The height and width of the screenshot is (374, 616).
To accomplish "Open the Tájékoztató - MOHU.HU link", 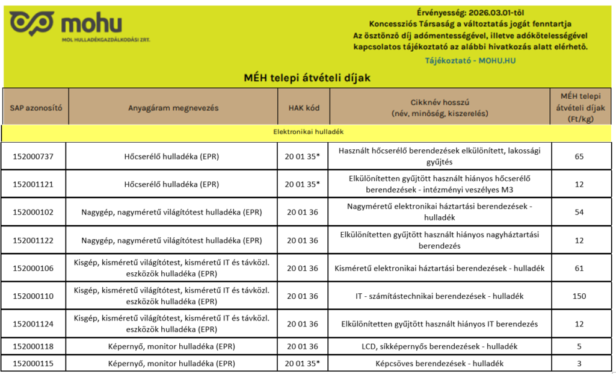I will [470, 60].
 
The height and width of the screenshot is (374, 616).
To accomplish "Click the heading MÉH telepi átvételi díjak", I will [307, 78].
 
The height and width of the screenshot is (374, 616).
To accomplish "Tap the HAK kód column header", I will [304, 108].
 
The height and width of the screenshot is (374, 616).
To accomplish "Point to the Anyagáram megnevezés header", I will [173, 108].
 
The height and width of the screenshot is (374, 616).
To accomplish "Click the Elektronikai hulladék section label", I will [308, 131].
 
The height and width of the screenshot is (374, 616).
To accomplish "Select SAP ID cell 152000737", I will [33, 157].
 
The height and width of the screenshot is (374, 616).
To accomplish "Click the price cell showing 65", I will [579, 157].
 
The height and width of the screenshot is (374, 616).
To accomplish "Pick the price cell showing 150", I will [579, 296].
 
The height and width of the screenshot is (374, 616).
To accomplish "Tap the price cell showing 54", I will [579, 213].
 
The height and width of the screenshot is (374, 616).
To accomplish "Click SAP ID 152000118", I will [33, 347].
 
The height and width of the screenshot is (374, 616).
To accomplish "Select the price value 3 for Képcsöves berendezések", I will [579, 364].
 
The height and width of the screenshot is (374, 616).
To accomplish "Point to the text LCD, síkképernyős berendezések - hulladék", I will [440, 347].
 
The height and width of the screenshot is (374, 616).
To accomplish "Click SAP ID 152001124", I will [33, 324].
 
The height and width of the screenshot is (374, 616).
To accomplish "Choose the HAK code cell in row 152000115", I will [303, 364].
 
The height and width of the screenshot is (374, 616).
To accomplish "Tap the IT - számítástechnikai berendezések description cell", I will [440, 296].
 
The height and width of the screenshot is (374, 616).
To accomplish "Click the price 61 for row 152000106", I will [579, 269].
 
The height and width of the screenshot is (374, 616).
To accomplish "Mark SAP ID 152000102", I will [33, 213].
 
